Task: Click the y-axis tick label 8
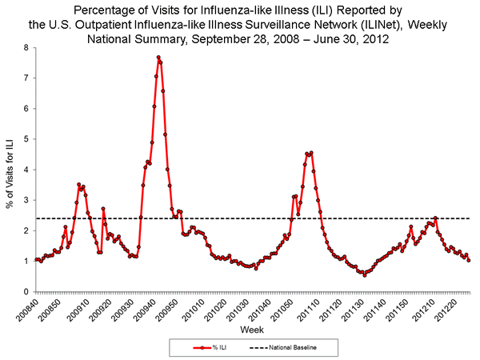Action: coord(26,48)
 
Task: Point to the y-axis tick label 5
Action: coord(26,139)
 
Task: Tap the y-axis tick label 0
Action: coord(26,291)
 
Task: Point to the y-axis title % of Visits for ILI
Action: coord(10,170)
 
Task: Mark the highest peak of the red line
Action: coord(158,57)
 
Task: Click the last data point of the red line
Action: coord(469,260)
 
